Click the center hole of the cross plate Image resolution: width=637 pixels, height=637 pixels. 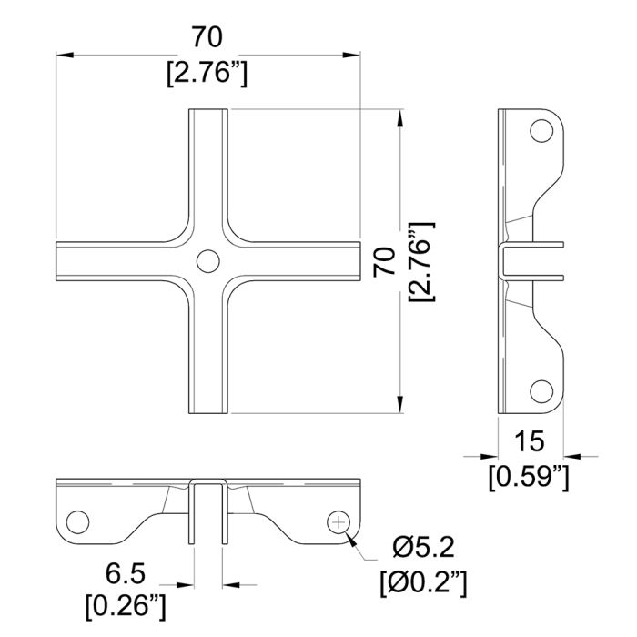click(208, 261)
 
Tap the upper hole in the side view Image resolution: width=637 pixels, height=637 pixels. click(541, 131)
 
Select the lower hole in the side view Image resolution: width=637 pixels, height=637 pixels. click(541, 391)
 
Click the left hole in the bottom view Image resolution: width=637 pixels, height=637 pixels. click(77, 522)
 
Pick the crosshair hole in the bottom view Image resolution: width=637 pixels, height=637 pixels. click(339, 522)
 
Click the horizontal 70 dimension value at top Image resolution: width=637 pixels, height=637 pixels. click(207, 37)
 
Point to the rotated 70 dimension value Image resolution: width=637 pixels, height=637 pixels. click(384, 262)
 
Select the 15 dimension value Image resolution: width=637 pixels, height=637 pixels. click(529, 441)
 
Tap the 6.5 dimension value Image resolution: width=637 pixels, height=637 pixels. click(126, 574)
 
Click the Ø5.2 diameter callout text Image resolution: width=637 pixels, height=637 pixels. click(423, 547)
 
